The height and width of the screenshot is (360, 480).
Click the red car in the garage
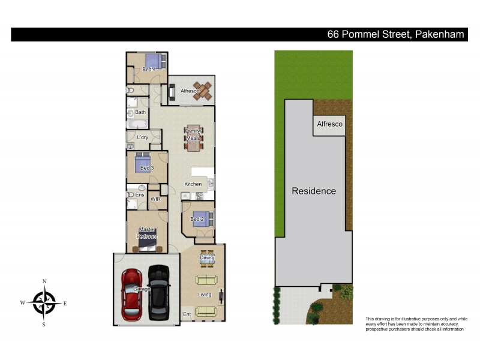tap(131, 294)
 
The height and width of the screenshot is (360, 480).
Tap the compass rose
tap(44, 302)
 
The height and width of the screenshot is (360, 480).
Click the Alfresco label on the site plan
tap(329, 124)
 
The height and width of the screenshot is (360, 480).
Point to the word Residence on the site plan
tap(314, 191)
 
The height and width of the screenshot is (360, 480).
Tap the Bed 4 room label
tap(149, 70)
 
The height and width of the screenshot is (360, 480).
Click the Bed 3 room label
tap(147, 168)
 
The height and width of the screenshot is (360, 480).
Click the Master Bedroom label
tap(147, 233)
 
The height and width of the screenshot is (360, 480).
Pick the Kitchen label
tap(193, 184)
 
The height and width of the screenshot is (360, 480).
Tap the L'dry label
tap(142, 137)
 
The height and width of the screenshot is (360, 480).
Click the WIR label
tap(155, 199)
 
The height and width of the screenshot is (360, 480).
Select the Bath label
tap(140, 112)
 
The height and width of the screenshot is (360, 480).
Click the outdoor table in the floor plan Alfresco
tap(203, 91)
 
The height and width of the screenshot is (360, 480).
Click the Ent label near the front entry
tap(187, 314)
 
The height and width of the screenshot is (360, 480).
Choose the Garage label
tap(142, 289)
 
